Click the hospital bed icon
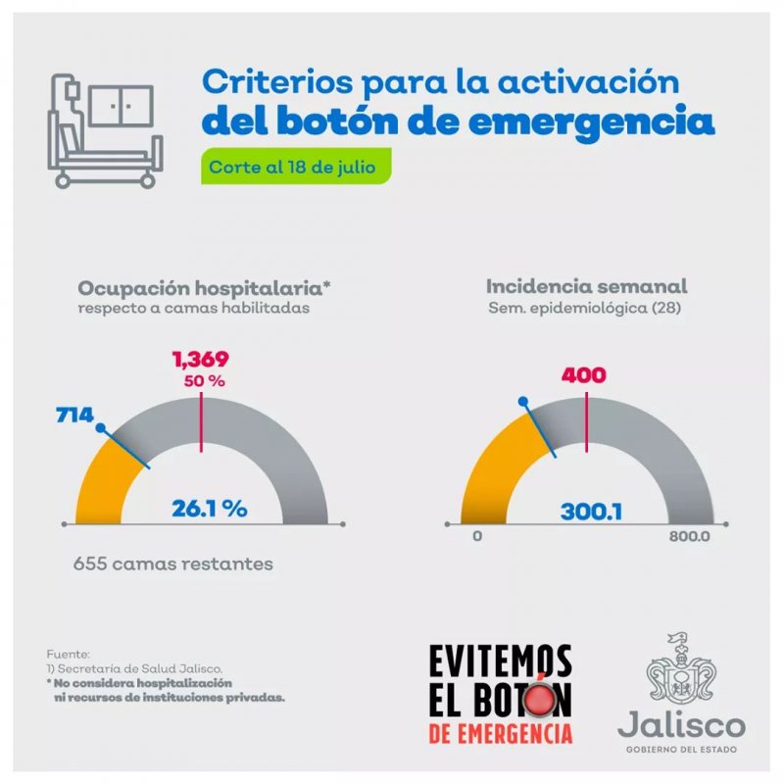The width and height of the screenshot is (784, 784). pos(105,131)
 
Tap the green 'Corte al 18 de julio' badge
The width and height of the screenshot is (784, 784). pos(296,167)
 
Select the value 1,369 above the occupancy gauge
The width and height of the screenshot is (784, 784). pos(201,359)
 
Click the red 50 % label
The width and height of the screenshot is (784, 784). pos(204,381)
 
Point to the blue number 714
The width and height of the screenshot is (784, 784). pos(74,415)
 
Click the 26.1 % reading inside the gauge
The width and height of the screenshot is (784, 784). pos(210,509)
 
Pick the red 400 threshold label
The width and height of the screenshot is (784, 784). pos(583,375)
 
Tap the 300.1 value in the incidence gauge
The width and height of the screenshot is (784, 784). pos(592,512)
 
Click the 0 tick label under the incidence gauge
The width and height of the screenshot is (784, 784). pos(477,536)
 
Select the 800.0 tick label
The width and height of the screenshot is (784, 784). pos(690,536)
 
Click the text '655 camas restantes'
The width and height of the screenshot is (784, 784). pos(173,564)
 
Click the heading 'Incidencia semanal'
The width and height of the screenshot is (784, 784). pos(586,286)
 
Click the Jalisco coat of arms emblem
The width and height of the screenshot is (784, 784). pos(681,667)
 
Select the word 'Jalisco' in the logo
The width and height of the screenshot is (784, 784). pos(681,724)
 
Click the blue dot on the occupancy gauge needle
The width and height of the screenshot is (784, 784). pos(101,428)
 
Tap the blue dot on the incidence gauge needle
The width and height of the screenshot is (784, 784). pos(523,401)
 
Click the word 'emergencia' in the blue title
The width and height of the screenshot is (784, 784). pos(592,122)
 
